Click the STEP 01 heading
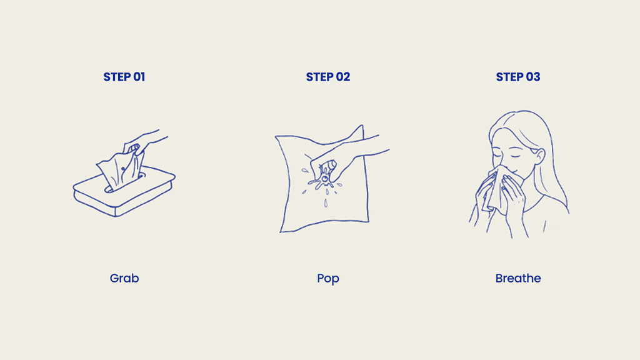point(124,77)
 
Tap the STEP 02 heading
point(328,77)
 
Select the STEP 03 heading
point(518,77)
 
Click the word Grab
point(124,278)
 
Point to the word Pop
point(328,279)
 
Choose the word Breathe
point(518,278)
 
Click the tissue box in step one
point(124,192)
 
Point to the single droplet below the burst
point(325,203)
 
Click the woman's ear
point(539,157)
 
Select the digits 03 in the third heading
point(533,77)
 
